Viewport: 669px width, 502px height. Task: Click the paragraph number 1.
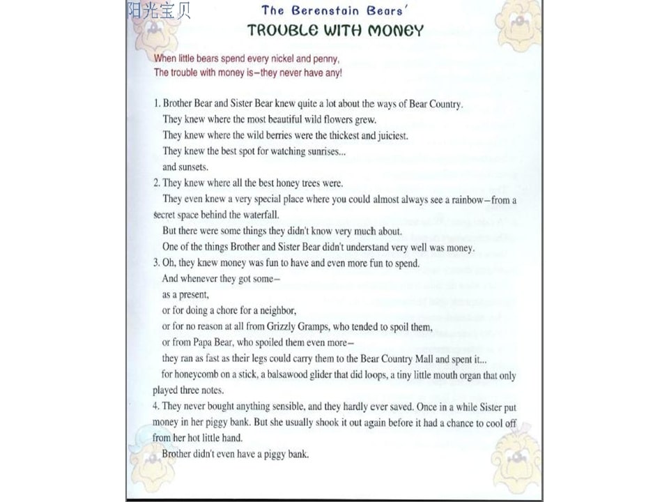156,104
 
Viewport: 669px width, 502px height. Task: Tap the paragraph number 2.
156,183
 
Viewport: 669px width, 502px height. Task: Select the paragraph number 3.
156,264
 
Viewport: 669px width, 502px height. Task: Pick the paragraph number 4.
156,406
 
